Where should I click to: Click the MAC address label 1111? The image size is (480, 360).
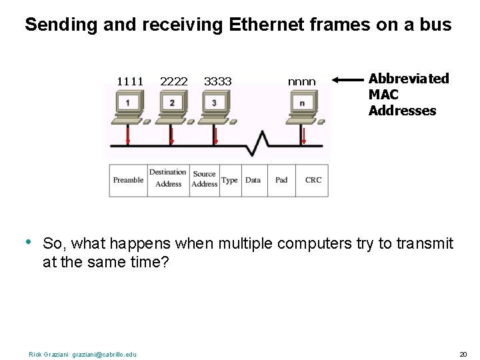pyautogui.click(x=130, y=81)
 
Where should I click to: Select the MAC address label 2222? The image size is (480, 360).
pyautogui.click(x=174, y=81)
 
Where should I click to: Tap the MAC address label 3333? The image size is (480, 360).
pyautogui.click(x=218, y=81)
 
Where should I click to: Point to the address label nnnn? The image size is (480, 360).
pyautogui.click(x=301, y=82)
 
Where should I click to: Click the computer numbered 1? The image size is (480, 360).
pyautogui.click(x=128, y=105)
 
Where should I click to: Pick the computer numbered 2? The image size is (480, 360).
pyautogui.click(x=172, y=105)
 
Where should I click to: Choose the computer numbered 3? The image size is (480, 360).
pyautogui.click(x=214, y=105)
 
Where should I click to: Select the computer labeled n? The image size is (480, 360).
pyautogui.click(x=303, y=105)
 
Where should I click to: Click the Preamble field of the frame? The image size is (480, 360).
pyautogui.click(x=128, y=180)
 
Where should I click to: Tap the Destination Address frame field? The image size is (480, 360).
pyautogui.click(x=168, y=178)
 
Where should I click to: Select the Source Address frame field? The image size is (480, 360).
pyautogui.click(x=205, y=179)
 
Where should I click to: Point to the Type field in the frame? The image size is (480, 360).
pyautogui.click(x=229, y=180)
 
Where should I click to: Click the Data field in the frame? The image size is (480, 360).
pyautogui.click(x=253, y=180)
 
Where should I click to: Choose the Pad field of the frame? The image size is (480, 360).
pyautogui.click(x=281, y=180)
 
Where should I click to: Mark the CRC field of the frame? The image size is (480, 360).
pyautogui.click(x=313, y=180)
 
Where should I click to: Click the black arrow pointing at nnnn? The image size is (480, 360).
pyautogui.click(x=347, y=80)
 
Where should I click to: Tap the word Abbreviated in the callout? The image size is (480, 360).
pyautogui.click(x=409, y=79)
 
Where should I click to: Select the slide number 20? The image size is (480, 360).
pyautogui.click(x=463, y=354)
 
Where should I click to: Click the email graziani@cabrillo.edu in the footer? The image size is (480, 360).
pyautogui.click(x=104, y=354)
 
